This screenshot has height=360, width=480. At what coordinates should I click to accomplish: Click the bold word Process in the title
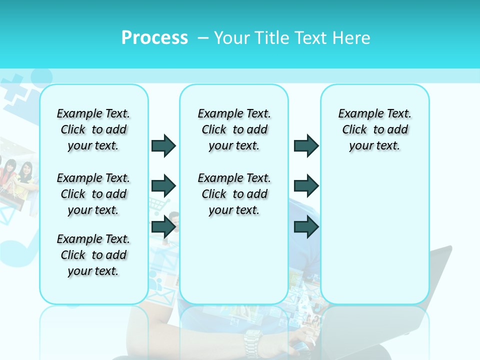(x=154, y=37)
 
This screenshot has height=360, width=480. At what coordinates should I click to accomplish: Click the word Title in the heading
(x=273, y=38)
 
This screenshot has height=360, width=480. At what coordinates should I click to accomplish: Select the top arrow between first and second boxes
(x=163, y=145)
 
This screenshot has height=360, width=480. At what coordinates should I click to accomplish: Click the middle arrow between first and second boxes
(x=163, y=186)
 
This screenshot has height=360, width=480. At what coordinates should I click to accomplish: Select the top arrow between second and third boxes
(x=306, y=145)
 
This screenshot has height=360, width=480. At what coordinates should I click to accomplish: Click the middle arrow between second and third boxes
(x=306, y=186)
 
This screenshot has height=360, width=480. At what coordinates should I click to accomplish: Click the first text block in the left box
(x=93, y=129)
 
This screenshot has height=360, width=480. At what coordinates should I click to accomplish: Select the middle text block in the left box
(x=93, y=194)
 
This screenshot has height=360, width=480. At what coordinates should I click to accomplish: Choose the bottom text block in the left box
(x=93, y=255)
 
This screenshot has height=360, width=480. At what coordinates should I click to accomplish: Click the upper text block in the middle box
(x=234, y=129)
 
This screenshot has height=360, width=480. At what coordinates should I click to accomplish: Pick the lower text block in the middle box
(x=234, y=194)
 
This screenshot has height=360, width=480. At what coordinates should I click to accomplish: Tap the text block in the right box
(x=374, y=129)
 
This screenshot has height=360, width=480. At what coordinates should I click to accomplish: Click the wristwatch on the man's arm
(x=252, y=342)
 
